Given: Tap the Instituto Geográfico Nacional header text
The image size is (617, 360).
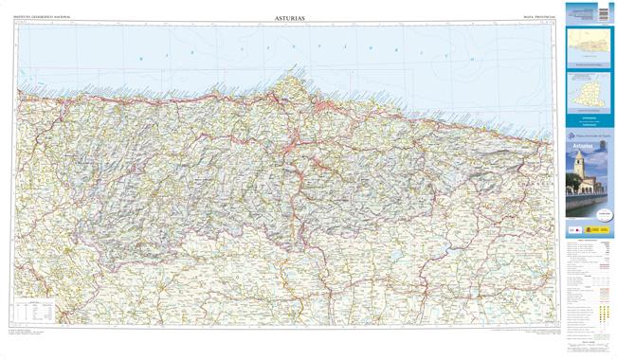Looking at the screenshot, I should pos(42,18).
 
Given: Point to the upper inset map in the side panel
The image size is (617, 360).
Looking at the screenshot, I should pos(590,45).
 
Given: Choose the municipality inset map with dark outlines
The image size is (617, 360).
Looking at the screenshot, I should pos(590,95).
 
